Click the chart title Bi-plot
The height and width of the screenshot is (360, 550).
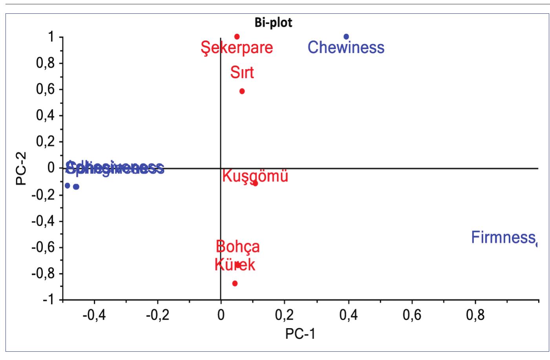[274, 23]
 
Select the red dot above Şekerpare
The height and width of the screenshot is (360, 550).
[237, 37]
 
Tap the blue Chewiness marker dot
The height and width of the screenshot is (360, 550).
[346, 37]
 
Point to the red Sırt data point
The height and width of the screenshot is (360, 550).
[242, 91]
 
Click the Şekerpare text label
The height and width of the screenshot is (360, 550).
[237, 48]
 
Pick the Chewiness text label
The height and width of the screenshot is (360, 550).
[346, 48]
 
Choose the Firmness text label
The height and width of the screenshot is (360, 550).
[503, 238]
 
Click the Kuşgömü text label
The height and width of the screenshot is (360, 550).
[255, 176]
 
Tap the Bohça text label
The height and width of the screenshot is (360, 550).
[238, 247]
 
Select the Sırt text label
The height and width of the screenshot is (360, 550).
[242, 73]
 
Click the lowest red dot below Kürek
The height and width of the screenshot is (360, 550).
[235, 283]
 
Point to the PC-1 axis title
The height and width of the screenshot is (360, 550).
[300, 334]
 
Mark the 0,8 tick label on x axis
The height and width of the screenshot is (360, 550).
[475, 315]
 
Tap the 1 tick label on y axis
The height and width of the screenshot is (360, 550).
[51, 37]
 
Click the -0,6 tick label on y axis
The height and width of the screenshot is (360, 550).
[44, 247]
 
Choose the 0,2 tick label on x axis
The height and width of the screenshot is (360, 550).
[284, 315]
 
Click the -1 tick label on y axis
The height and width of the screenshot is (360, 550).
[48, 300]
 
